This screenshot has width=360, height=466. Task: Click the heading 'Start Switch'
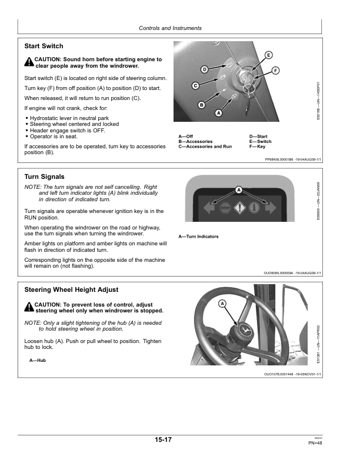(44, 46)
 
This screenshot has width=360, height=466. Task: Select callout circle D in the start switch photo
(204, 70)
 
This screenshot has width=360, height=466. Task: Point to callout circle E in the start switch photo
(268, 55)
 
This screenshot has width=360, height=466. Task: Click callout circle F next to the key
(275, 71)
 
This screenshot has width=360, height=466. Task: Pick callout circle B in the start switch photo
(201, 105)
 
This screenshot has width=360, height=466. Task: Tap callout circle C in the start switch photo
(195, 86)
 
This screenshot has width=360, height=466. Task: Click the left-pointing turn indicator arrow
(209, 207)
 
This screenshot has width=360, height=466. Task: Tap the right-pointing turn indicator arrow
(269, 207)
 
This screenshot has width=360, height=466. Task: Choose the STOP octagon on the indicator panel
(224, 208)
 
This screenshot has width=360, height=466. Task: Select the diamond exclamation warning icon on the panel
(239, 208)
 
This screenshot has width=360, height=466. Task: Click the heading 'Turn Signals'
(44, 177)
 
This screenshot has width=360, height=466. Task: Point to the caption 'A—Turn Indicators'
(198, 237)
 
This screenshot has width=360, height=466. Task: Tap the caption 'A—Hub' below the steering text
(38, 360)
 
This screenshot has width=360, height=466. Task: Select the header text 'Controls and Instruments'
(170, 28)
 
